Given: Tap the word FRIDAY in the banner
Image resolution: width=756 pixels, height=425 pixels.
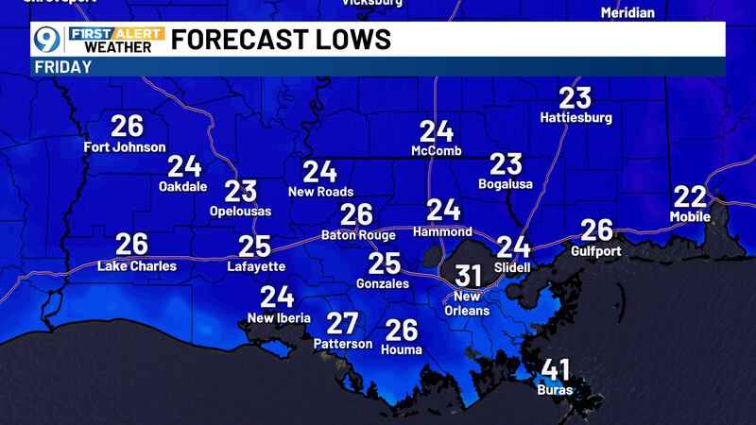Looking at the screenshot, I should point(63,67).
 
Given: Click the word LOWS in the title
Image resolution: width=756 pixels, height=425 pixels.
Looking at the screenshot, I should point(349,40).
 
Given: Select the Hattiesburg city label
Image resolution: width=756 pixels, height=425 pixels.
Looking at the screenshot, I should point(576,118).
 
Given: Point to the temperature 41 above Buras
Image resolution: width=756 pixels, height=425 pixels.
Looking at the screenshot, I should point(555,369).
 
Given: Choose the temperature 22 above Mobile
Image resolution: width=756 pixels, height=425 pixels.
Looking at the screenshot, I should point(691,196).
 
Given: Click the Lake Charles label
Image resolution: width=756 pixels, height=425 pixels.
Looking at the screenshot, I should point(137,265).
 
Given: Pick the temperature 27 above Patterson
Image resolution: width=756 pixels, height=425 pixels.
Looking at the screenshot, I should point(341,323).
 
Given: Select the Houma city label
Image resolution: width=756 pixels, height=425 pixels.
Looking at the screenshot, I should point(403,349).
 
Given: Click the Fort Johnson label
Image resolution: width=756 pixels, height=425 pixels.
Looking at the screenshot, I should point(125,146).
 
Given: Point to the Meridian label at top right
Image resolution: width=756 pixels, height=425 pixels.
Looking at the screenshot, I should point(627,12).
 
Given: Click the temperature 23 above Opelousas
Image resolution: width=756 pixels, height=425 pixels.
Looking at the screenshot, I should point(240,191).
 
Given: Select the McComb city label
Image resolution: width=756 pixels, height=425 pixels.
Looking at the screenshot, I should point(437,151).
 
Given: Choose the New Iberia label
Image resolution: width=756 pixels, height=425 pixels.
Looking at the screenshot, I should point(278,317).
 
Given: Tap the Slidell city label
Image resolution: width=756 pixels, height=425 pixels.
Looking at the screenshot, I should point(513,267).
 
